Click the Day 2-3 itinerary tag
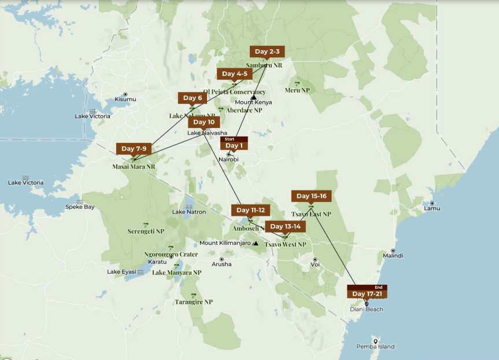click(x=267, y=52)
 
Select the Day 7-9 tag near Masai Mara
click(x=134, y=149)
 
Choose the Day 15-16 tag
click(x=311, y=196)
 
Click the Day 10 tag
click(x=204, y=122)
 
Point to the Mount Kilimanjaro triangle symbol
click(x=255, y=243)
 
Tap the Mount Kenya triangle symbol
click(x=253, y=97)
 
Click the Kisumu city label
click(x=125, y=99)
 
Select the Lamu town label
click(x=431, y=208)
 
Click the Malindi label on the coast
click(x=393, y=255)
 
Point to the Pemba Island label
click(x=375, y=347)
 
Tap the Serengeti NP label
click(x=146, y=231)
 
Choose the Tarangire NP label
click(x=193, y=302)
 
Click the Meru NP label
click(x=297, y=90)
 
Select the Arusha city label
click(x=221, y=264)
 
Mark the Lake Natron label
click(x=188, y=211)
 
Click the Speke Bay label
click(x=80, y=207)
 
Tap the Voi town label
click(x=315, y=265)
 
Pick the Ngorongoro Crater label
click(x=171, y=254)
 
